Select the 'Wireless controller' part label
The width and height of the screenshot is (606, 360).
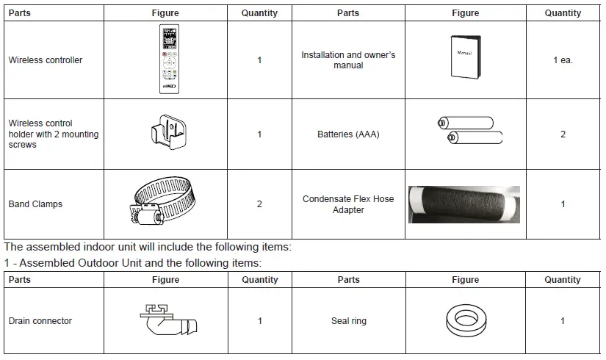46,60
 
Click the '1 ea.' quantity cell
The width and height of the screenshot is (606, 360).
563,60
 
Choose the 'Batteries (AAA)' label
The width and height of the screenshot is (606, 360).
348,134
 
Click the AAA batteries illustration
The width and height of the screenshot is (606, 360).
465,131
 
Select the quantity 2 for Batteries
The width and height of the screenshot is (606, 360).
563,134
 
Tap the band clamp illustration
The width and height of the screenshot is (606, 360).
166,203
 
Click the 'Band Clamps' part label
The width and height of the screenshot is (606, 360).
35,204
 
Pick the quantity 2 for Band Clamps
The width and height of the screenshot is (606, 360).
259,204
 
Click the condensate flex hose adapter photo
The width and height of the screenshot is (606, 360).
463,204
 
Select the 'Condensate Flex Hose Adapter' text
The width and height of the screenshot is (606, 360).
348,204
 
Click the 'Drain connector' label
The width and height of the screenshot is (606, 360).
40,321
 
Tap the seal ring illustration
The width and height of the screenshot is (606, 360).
465,321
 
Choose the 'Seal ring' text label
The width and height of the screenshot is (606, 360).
348,321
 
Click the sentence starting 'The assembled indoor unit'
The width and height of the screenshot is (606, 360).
148,247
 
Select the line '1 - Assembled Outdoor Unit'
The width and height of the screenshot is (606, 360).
133,262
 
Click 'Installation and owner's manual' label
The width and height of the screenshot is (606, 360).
348,60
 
